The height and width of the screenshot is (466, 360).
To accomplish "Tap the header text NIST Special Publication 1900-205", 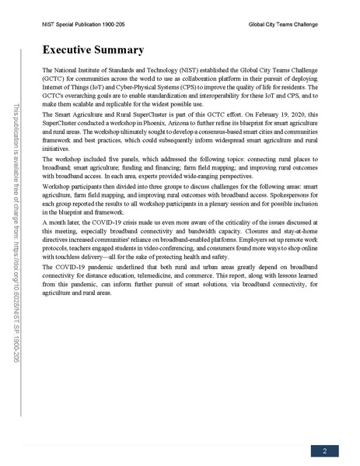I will [83, 25].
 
